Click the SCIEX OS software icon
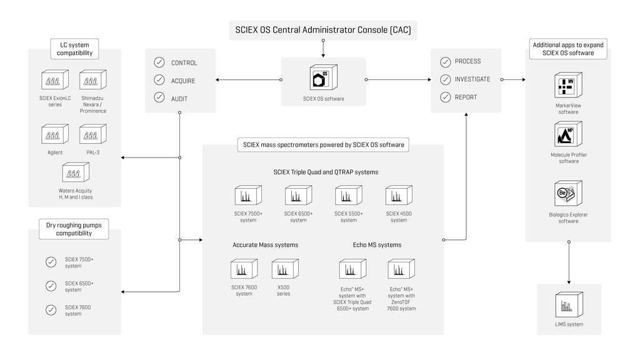coord(323,77)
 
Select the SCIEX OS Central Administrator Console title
coord(323,29)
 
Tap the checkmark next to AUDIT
coord(159,99)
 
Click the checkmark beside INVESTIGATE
coord(445,79)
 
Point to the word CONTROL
coord(184,63)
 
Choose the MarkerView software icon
coord(567,86)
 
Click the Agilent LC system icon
coord(55,134)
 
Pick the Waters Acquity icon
coord(75,172)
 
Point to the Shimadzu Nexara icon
coord(93,80)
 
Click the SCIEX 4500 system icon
coord(398,196)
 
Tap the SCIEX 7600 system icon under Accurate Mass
coord(244,269)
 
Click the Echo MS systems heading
coord(377,245)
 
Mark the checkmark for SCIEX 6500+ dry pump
coord(51,286)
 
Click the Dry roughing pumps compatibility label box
coord(73,229)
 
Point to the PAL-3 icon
coord(93,134)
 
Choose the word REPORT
coord(466,97)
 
